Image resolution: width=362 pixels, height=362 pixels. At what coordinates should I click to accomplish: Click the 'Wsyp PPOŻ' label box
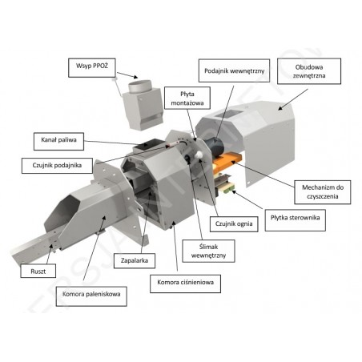[92, 68]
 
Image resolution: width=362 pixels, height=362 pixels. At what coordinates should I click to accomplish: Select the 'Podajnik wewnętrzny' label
[234, 70]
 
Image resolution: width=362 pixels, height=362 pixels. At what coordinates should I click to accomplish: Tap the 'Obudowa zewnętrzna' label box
[309, 71]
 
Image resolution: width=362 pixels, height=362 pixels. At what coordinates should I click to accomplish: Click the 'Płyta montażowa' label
[187, 98]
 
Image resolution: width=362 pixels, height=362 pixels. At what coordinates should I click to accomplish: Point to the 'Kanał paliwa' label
[58, 141]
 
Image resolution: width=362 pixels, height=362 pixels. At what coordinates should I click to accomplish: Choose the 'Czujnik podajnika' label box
[57, 166]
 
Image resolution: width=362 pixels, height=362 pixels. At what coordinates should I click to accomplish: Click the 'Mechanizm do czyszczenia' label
[323, 192]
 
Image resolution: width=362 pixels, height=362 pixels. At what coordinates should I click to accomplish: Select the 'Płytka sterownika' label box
[296, 220]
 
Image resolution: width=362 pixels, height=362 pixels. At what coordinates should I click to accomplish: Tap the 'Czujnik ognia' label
[234, 224]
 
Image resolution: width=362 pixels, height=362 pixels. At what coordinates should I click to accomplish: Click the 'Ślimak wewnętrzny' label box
[208, 251]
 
